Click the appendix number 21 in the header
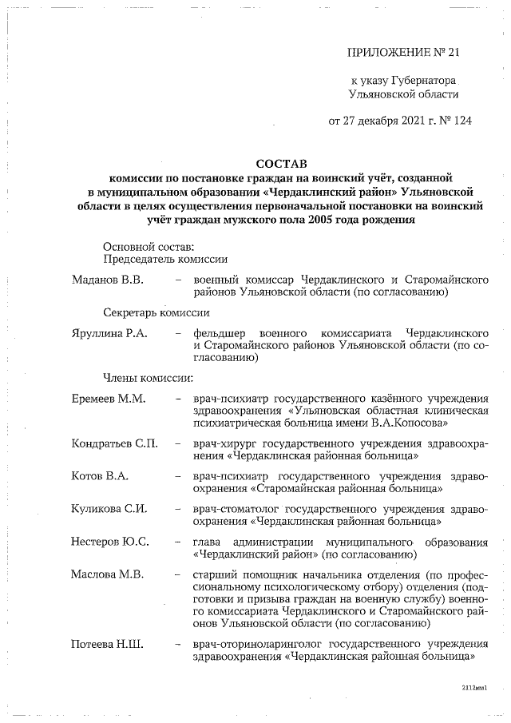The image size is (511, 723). [453, 54]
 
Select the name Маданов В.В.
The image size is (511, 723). [107, 280]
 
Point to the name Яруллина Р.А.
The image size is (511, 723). [109, 332]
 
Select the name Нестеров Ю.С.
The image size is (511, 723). [109, 543]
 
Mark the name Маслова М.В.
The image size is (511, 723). [106, 577]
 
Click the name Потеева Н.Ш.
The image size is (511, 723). [106, 644]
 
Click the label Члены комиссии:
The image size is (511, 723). [148, 377]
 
